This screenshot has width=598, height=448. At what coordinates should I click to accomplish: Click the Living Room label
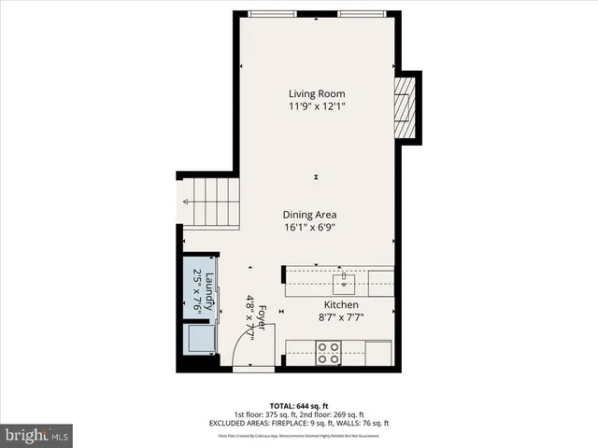click(317, 93)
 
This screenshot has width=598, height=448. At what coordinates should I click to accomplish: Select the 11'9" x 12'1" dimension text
click(317, 106)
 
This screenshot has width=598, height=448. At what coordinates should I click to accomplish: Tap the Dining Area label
click(309, 214)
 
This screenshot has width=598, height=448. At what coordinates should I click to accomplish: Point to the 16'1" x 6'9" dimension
click(309, 227)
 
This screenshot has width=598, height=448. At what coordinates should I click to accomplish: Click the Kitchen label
click(341, 305)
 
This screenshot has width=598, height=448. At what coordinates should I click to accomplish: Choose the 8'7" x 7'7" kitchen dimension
click(341, 318)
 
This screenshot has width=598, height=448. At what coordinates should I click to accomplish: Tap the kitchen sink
click(345, 277)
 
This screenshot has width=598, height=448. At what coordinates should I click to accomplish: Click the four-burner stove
click(328, 353)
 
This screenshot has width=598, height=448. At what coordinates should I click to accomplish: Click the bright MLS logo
click(37, 434)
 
